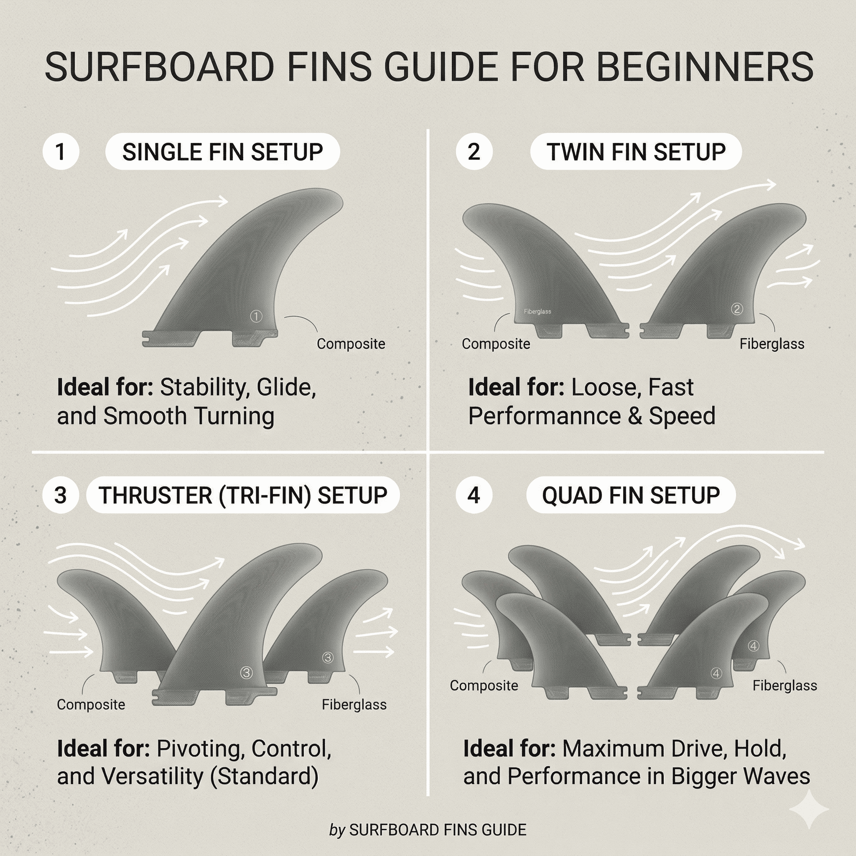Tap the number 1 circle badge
point(61,152)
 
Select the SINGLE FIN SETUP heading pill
point(222,152)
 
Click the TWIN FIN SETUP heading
point(636,152)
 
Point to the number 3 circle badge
point(61,495)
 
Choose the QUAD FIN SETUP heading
point(630,495)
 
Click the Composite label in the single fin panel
point(350,344)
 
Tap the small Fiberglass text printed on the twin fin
point(537,311)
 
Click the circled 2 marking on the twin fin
point(737,309)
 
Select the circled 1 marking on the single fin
point(256,316)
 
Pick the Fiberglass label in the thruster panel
point(354,704)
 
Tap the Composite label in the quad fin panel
point(484,685)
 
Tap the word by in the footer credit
point(337,830)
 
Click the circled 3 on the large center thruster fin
point(246,673)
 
